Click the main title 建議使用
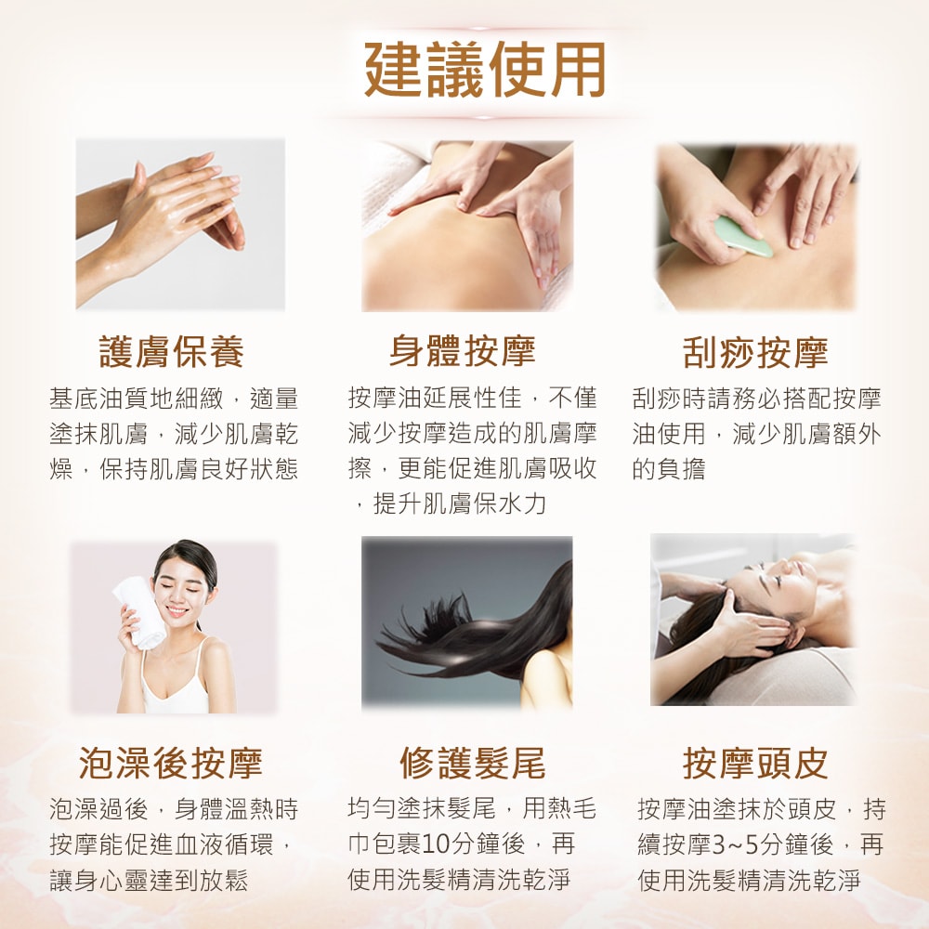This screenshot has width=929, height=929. pyautogui.click(x=484, y=69)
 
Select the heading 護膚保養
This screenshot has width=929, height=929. pyautogui.click(x=172, y=353)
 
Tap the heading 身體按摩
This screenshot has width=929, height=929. pyautogui.click(x=462, y=353)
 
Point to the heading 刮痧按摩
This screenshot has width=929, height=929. pyautogui.click(x=754, y=353)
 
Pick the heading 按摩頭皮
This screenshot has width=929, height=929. pyautogui.click(x=754, y=763)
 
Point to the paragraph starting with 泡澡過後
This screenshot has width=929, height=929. pyautogui.click(x=174, y=844)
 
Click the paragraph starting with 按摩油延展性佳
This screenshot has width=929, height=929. pyautogui.click(x=472, y=451)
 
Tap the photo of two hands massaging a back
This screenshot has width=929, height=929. pyautogui.click(x=467, y=226)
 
